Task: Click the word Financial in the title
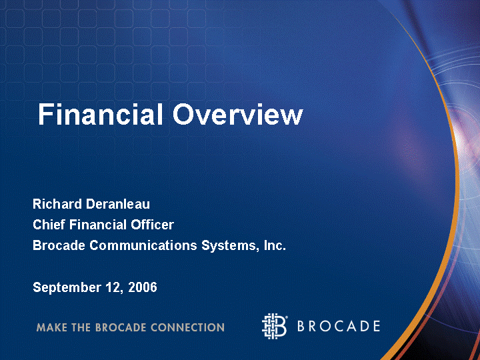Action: coord(100,114)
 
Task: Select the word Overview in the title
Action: coord(238,114)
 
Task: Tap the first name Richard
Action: coord(57,204)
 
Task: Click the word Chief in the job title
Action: coord(49,225)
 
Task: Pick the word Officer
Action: coord(153,225)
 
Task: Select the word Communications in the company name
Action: coord(143,245)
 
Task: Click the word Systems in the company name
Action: coord(229,246)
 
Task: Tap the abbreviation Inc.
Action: coord(275,245)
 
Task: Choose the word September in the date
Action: coord(67,288)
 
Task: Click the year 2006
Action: coord(143,287)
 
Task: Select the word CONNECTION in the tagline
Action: coord(187,327)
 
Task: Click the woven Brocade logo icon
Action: coord(275,326)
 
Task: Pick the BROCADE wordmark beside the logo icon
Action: coord(339,326)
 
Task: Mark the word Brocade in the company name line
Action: coord(59,245)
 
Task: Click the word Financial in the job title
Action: coord(98,225)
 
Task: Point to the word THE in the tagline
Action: coord(81,327)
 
